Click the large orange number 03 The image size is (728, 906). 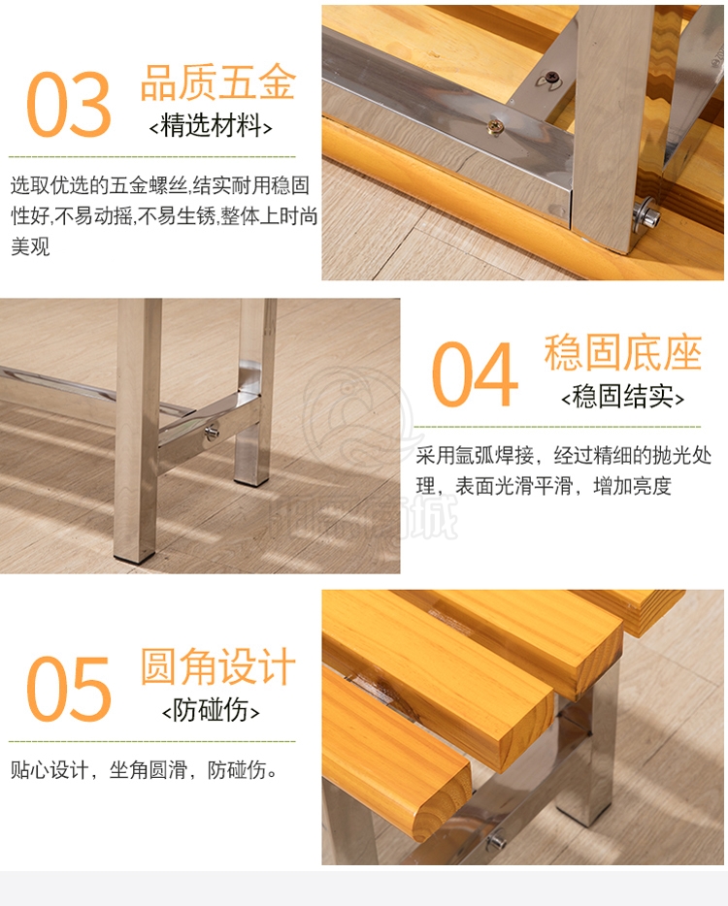(x=68, y=105)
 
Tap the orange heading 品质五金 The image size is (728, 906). (x=218, y=82)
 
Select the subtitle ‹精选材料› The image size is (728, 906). (x=211, y=125)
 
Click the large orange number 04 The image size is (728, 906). (x=474, y=373)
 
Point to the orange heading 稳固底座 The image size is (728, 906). (x=623, y=352)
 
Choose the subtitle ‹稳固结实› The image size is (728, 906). (x=623, y=397)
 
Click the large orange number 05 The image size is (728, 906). (x=68, y=689)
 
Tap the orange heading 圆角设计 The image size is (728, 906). (x=218, y=666)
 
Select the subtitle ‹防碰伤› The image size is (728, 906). (x=211, y=710)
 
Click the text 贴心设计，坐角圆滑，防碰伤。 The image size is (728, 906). (x=145, y=769)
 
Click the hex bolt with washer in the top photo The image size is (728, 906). (x=646, y=214)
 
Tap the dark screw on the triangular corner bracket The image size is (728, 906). (x=551, y=77)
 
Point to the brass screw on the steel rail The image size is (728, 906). (x=495, y=126)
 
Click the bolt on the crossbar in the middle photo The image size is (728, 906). (x=212, y=433)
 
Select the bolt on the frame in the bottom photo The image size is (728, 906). (x=496, y=841)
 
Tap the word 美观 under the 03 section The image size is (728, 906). (x=30, y=246)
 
